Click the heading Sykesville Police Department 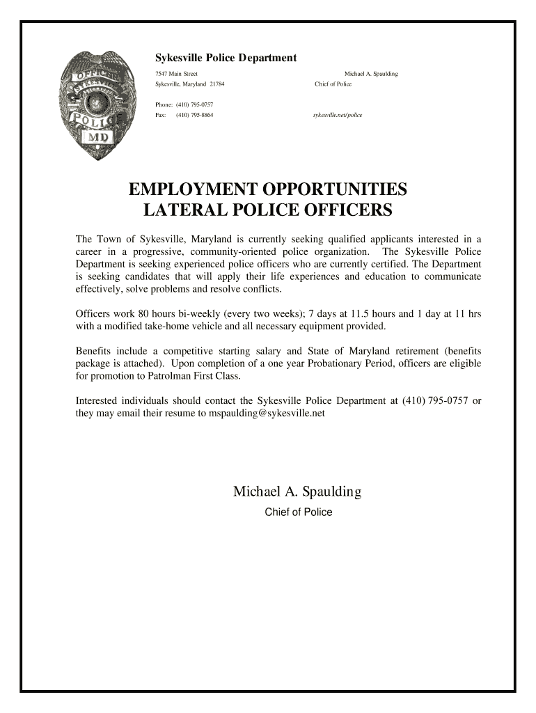point(226,58)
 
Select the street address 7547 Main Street point(176,74)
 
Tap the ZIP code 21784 point(216,84)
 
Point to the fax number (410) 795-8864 point(194,115)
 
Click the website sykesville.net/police point(338,115)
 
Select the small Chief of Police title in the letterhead point(333,84)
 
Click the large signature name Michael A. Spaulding point(297,492)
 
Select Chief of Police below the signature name point(298,512)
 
